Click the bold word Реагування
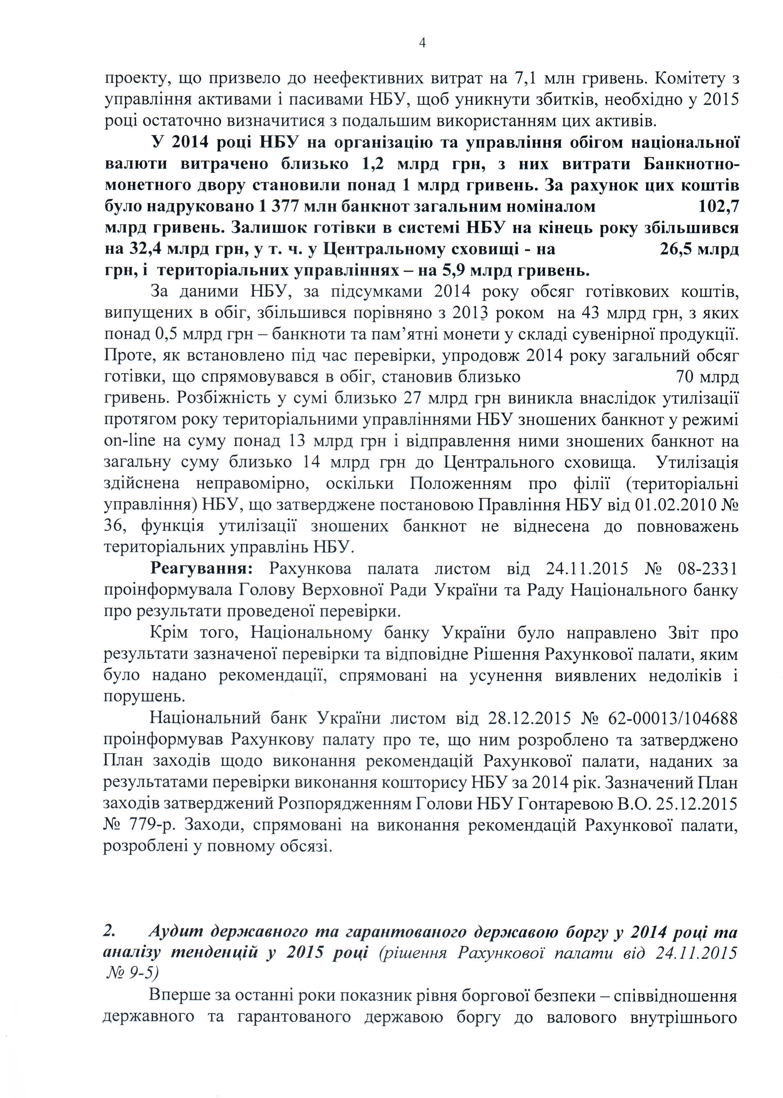coord(201,569)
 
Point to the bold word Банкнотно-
coord(691,164)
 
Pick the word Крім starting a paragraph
coord(169,632)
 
